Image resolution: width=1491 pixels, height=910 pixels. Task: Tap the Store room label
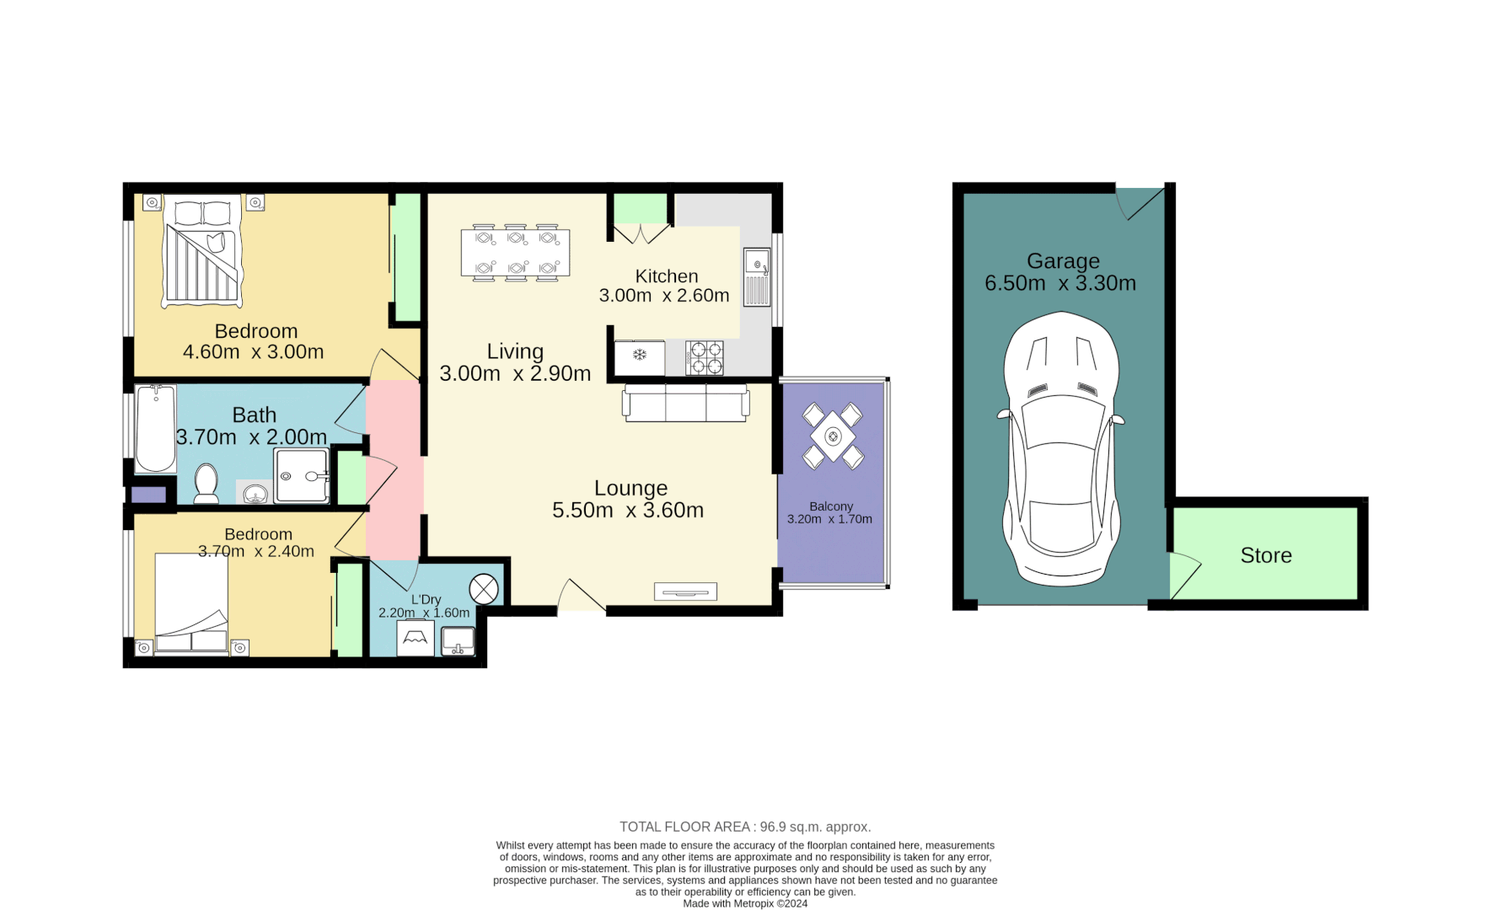1265,555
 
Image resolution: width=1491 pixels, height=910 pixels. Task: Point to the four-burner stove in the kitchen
705,357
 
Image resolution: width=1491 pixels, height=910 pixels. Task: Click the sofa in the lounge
685,403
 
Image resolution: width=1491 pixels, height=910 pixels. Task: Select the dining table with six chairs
515,253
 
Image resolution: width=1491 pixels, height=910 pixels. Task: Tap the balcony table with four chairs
833,436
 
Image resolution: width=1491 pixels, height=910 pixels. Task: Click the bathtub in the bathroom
156,428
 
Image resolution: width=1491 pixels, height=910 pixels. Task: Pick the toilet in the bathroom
206,484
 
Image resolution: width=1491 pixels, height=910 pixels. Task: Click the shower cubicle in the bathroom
301,475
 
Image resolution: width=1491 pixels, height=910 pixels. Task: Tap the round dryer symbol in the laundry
484,589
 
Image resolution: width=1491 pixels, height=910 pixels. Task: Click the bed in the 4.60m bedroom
202,251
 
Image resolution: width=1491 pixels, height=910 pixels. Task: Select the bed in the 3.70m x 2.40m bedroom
191,602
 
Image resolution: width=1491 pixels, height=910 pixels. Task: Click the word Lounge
630,488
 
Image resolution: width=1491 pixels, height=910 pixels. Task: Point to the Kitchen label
666,276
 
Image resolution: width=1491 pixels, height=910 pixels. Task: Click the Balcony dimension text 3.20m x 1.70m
829,519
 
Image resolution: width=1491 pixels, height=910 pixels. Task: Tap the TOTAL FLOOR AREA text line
745,827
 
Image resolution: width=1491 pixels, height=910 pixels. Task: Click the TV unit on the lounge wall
685,591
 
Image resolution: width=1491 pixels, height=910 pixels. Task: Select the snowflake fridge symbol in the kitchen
640,355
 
